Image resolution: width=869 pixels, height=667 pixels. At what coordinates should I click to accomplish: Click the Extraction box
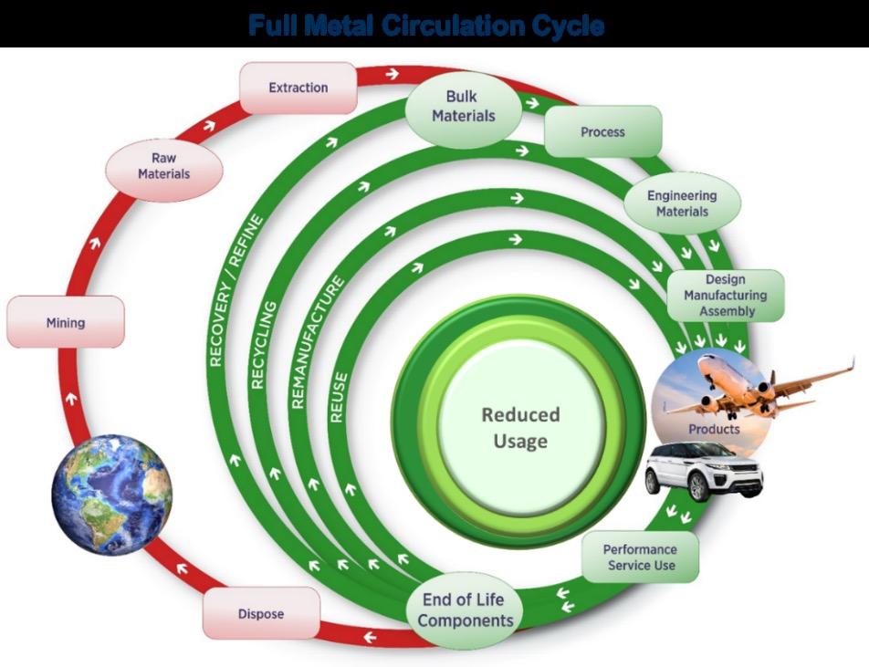pyautogui.click(x=298, y=88)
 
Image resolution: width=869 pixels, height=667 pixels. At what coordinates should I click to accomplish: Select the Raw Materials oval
pyautogui.click(x=164, y=165)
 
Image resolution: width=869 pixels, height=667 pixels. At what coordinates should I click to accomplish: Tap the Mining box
pyautogui.click(x=65, y=322)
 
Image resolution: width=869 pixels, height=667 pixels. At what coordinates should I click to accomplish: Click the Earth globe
pyautogui.click(x=111, y=494)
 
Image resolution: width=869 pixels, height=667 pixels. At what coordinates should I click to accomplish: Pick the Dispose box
pyautogui.click(x=261, y=613)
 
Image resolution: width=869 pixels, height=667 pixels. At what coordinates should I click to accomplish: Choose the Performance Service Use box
pyautogui.click(x=639, y=557)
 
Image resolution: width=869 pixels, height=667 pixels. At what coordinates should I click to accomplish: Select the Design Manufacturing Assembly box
pyautogui.click(x=725, y=295)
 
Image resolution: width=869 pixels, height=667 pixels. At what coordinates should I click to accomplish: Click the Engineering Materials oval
pyautogui.click(x=682, y=203)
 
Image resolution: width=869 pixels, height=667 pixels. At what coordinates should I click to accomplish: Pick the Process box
pyautogui.click(x=602, y=131)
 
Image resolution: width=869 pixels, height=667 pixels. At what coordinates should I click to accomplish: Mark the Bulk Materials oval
pyautogui.click(x=463, y=106)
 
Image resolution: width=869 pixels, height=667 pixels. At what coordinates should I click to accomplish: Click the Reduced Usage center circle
pyautogui.click(x=520, y=427)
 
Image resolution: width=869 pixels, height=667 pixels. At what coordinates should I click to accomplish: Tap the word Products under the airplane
pyautogui.click(x=714, y=428)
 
